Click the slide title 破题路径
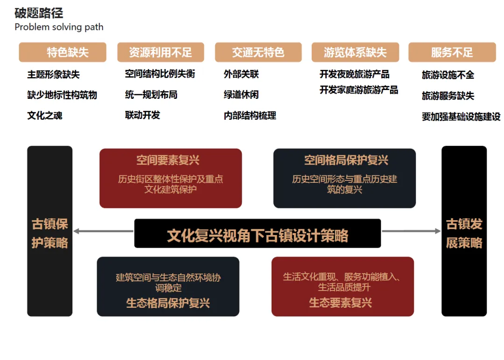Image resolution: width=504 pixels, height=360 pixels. point(39,13)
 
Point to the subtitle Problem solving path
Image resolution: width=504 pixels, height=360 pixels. point(59,27)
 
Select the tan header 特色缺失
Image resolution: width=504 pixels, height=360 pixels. point(63,52)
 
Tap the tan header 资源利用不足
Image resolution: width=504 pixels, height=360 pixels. point(161,52)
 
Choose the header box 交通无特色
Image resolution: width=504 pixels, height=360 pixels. point(258,52)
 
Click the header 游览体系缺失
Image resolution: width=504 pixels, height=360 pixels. point(355,52)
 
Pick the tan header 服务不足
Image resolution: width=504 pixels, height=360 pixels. point(452,52)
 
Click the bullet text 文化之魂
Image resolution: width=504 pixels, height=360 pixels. point(45,116)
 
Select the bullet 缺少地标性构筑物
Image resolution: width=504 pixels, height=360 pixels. point(62,95)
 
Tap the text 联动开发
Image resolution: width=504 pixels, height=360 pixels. point(142,115)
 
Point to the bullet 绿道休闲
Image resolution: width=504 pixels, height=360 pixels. point(241,95)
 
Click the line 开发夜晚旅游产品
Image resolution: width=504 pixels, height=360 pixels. point(355,75)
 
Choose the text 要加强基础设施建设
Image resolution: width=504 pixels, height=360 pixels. point(461,117)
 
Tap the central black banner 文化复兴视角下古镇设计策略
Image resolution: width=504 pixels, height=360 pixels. point(258,235)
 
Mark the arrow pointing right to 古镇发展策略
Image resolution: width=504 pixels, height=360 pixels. point(411,231)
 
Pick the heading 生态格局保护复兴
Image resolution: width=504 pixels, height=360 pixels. point(168,303)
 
